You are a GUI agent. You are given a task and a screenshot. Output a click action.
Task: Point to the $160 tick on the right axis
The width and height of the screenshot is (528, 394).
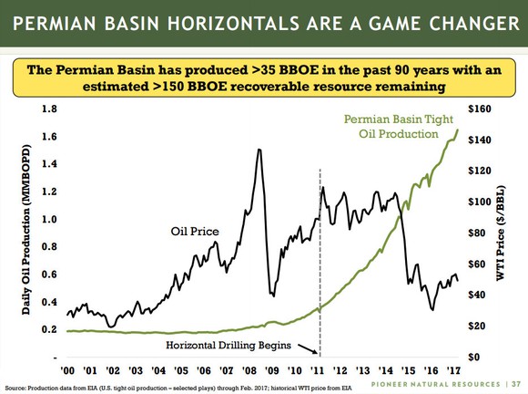click(x=482, y=109)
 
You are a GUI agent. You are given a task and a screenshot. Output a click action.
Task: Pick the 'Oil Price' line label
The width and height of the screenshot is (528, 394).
click(x=195, y=232)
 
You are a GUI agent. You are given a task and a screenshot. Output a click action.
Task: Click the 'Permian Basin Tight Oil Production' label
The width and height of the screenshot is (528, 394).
click(x=393, y=127)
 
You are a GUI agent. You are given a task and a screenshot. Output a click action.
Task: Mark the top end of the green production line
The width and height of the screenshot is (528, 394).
click(x=458, y=130)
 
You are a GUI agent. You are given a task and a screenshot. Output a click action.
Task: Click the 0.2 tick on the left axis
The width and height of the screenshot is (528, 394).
click(x=49, y=329)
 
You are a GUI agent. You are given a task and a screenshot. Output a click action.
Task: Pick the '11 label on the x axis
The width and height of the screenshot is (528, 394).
click(x=318, y=370)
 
